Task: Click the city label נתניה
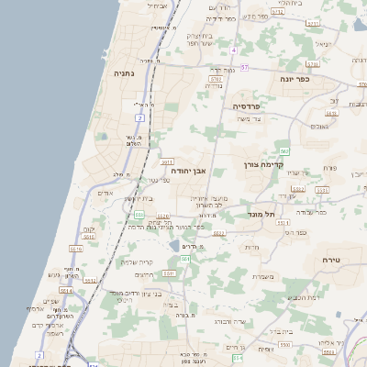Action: coord(126,72)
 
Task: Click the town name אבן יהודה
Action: coord(188,171)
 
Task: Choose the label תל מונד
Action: coord(261,215)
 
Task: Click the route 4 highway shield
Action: coord(234,50)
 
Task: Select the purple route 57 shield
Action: coord(139,118)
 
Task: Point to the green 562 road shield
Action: coord(285,150)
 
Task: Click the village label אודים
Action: coord(105,195)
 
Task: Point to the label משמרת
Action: coord(264,277)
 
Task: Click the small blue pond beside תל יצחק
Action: coord(173,246)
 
